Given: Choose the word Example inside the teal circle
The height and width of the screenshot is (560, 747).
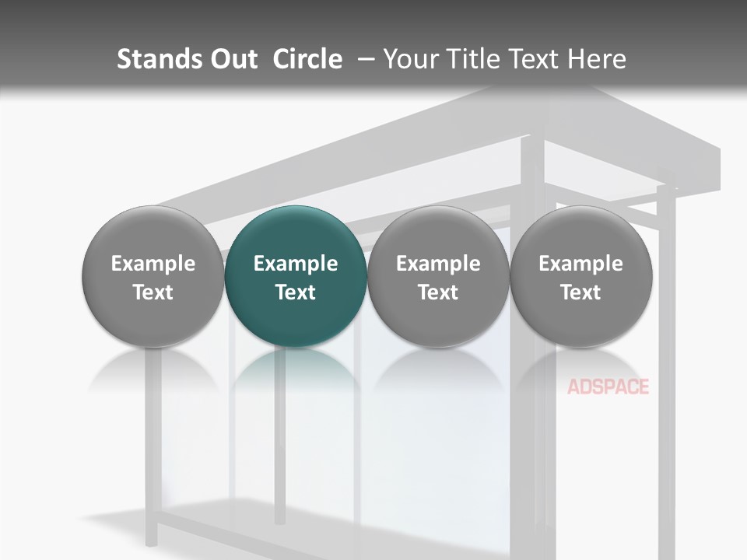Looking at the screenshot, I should [x=296, y=264].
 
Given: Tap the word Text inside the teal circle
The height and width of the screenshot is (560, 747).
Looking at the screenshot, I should [x=296, y=292].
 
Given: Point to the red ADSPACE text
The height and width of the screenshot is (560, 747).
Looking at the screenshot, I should [x=608, y=387].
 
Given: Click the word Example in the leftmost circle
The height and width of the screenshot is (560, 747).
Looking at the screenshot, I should [x=153, y=264].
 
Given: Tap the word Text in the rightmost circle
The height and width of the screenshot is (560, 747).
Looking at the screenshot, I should [x=581, y=292].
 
